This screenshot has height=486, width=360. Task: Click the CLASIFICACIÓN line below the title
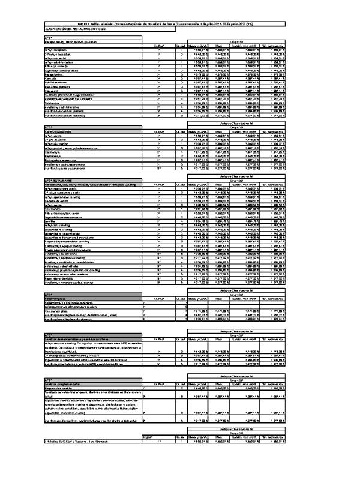(71, 28)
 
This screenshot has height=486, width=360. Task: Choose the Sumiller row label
(50, 220)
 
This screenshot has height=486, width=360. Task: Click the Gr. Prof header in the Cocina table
(158, 131)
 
